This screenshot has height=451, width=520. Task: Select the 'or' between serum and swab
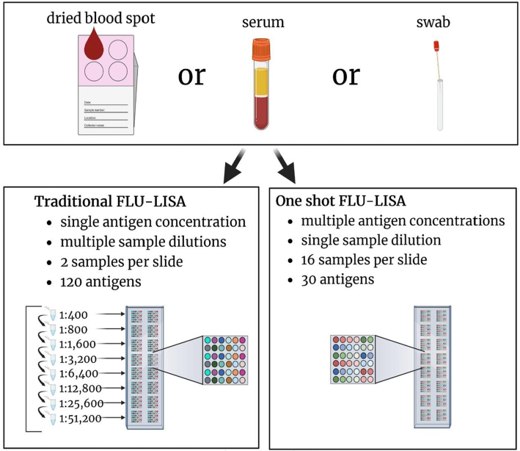click(346, 76)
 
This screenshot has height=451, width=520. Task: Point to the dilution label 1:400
click(73, 317)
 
